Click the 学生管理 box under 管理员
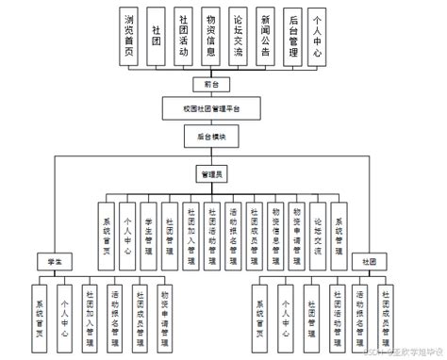pos(149,226)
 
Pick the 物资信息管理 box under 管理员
pos(275,226)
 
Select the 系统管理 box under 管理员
pos(339,226)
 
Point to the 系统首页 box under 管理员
pos(107,226)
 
